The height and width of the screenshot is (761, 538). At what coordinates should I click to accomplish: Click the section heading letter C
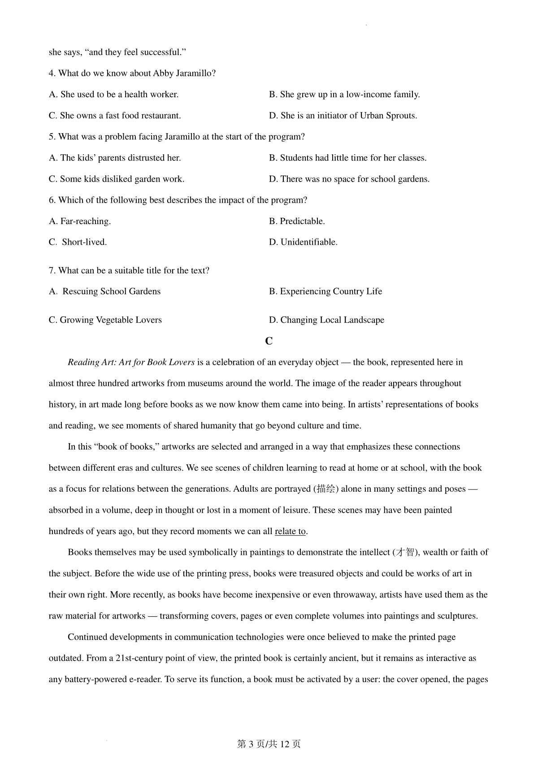pos(269,341)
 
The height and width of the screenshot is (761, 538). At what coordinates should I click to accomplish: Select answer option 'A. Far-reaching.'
pos(80,221)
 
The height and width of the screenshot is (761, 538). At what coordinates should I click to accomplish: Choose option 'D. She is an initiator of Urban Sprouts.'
pos(343,116)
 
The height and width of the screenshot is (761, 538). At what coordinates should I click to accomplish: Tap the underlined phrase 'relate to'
pos(290,532)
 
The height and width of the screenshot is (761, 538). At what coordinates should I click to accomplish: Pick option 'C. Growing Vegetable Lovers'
pos(105,320)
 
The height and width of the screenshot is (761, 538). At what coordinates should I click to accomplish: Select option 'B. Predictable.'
pos(297,221)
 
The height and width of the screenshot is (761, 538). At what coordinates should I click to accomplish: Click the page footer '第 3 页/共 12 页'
pos(269,744)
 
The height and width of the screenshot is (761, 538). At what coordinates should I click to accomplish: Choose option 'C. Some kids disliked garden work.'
pos(117,179)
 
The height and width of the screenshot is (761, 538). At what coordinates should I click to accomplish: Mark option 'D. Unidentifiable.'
pos(303,242)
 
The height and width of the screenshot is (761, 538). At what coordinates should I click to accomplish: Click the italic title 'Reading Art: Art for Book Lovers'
pos(131,363)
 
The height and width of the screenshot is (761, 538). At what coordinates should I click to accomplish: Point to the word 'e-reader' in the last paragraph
pos(146,679)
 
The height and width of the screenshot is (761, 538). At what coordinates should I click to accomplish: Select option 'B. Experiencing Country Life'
pos(325,291)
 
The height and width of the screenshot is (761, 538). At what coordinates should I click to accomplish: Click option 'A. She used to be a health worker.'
pos(113,95)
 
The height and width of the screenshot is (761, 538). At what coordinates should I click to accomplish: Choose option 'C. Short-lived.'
pos(78,242)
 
